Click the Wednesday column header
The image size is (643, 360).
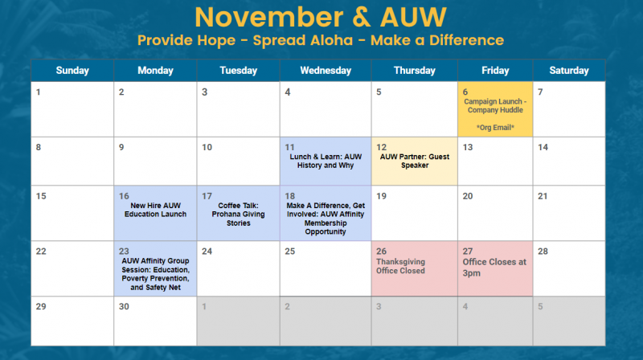tap(326, 71)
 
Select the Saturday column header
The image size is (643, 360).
tap(569, 71)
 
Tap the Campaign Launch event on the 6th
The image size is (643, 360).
tap(495, 106)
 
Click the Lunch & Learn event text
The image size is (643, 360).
tap(326, 162)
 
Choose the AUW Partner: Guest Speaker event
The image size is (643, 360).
tap(415, 162)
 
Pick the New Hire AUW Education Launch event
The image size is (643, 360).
tap(155, 210)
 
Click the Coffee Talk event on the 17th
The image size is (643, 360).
tap(238, 215)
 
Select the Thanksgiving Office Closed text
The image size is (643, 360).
tap(400, 266)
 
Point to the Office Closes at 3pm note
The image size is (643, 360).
tap(494, 268)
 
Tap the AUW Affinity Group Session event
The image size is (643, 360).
tap(155, 274)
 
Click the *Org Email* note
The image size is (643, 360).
tap(495, 128)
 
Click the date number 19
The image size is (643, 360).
tap(381, 196)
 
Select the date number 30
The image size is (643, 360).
tap(124, 306)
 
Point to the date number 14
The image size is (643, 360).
tap(543, 147)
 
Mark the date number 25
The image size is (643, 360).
tap(290, 251)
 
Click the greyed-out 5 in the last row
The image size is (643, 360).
tap(540, 306)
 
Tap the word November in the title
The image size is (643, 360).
tap(269, 17)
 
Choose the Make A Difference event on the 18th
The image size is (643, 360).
tap(326, 219)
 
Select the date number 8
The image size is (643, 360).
tap(39, 147)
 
